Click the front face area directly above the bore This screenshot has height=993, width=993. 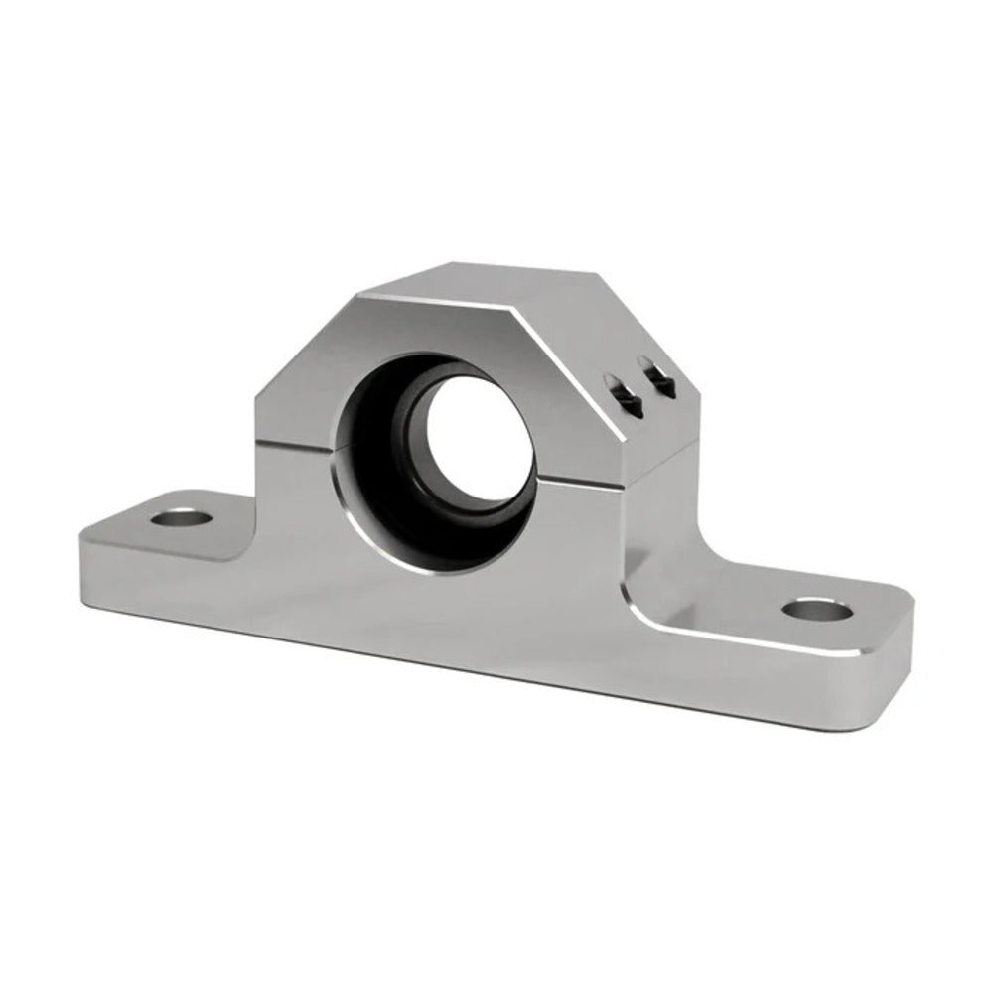[x=437, y=328]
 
